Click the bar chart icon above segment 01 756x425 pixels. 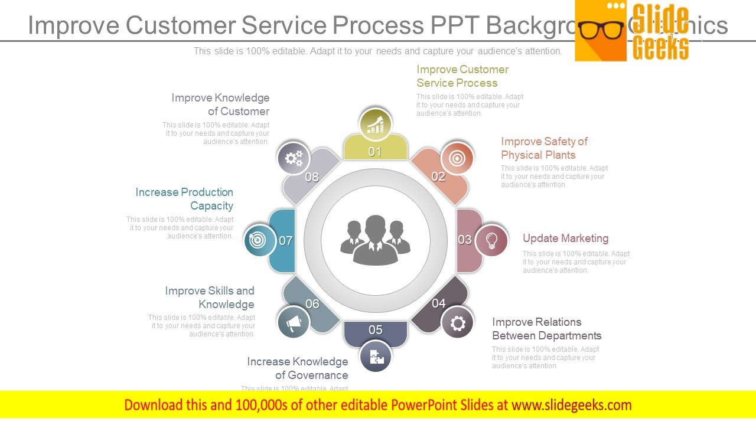tap(375, 125)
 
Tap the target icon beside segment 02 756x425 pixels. tap(457, 158)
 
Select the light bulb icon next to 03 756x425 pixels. tap(491, 240)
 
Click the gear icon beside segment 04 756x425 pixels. tap(458, 323)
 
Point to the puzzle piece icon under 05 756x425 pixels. tap(376, 357)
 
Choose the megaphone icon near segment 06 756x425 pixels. tap(294, 322)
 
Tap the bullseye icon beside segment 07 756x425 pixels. tap(259, 240)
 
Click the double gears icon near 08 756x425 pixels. tap(294, 158)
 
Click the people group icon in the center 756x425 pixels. tap(375, 240)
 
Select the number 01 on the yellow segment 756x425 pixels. tap(375, 152)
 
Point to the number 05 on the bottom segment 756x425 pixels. tap(376, 330)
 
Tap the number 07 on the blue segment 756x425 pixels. tap(286, 241)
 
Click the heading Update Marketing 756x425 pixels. tap(565, 238)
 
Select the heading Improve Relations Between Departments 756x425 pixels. tap(546, 329)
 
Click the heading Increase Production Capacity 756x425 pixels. tap(184, 199)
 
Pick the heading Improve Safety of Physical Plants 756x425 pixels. tap(544, 148)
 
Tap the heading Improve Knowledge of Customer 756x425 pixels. tap(220, 104)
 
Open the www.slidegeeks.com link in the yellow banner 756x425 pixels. tap(571, 405)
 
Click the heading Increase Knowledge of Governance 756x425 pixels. tap(298, 368)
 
